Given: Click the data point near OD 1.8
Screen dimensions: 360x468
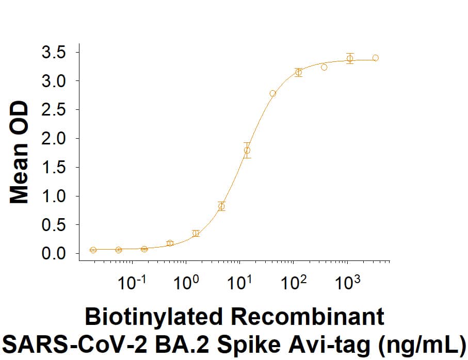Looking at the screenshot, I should coord(247,151).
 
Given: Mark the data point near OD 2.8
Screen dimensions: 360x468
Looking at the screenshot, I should coord(273,93).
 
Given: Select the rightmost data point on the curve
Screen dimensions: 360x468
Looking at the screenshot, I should coord(375,58).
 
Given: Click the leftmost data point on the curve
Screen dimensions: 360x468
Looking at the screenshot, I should coord(93,250).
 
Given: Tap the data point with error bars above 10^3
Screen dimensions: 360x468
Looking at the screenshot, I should coord(350,58).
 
